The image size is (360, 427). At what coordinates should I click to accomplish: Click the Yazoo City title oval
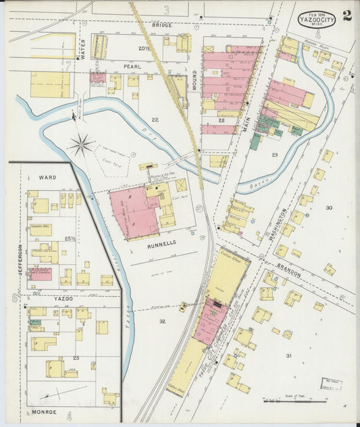tap(317, 18)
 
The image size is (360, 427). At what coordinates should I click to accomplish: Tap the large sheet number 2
tap(346, 16)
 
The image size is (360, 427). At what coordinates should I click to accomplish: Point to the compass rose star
tap(81, 145)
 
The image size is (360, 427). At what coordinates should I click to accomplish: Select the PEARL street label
tap(130, 67)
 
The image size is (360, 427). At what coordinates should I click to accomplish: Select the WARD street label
tap(47, 177)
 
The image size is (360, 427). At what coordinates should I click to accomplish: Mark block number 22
tap(155, 120)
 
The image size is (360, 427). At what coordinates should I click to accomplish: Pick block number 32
tap(162, 321)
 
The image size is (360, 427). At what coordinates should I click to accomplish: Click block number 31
tap(288, 355)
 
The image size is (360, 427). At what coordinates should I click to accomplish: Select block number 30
tap(329, 207)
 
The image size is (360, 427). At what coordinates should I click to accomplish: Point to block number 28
tap(222, 120)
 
